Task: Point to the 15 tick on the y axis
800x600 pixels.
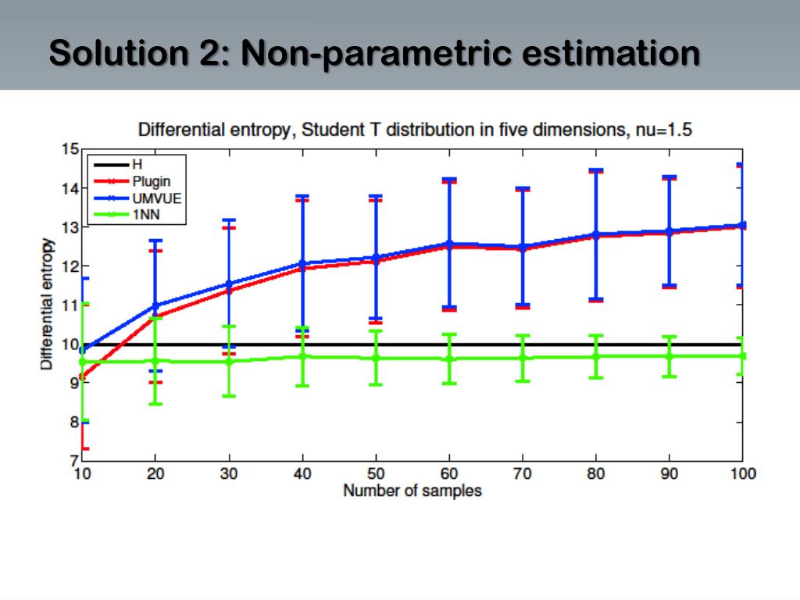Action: pos(70,149)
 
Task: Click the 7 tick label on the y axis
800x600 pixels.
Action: pos(73,461)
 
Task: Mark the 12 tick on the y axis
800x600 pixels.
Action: pos(70,266)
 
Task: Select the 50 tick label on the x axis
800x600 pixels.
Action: pos(376,473)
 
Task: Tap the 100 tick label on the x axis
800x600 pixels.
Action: pos(742,473)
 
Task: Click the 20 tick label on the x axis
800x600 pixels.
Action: pos(155,473)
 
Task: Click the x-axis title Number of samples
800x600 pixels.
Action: pos(412,491)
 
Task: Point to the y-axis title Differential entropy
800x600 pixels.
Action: pos(48,305)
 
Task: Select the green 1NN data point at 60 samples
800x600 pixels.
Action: pos(449,359)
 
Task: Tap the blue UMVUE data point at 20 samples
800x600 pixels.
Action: pos(155,305)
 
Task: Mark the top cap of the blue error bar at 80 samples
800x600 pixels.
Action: pos(596,170)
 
